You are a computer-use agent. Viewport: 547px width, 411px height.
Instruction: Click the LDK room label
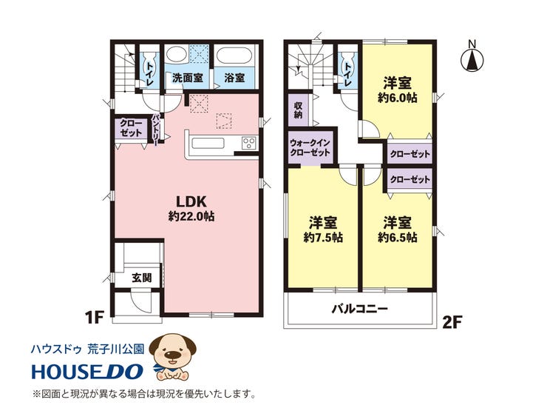pyautogui.click(x=191, y=201)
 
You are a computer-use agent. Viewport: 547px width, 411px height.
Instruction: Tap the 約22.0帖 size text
pyautogui.click(x=191, y=217)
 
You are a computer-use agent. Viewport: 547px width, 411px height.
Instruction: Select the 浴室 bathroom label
pyautogui.click(x=234, y=78)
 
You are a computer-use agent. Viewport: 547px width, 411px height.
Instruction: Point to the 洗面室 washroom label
pyautogui.click(x=187, y=78)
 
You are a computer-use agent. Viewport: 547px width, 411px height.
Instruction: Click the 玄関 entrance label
pyautogui.click(x=142, y=278)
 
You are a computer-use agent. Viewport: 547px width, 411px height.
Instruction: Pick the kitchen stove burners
pyautogui.click(x=249, y=143)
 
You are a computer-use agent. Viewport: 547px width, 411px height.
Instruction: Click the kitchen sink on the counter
pyautogui.click(x=208, y=143)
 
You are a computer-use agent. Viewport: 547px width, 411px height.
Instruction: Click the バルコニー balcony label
pyautogui.click(x=360, y=309)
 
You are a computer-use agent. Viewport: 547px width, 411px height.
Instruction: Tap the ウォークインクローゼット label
pyautogui.click(x=310, y=148)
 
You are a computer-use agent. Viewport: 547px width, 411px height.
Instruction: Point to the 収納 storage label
pyautogui.click(x=298, y=110)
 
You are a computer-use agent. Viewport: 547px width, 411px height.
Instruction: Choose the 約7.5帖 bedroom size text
pyautogui.click(x=323, y=238)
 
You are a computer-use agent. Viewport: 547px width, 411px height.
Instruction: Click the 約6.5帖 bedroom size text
pyautogui.click(x=398, y=238)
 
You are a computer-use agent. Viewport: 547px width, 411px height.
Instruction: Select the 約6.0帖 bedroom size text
pyautogui.click(x=398, y=98)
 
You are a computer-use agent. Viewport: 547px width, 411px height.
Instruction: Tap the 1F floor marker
pyautogui.click(x=95, y=318)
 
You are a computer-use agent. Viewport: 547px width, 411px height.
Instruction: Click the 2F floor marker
pyautogui.click(x=452, y=323)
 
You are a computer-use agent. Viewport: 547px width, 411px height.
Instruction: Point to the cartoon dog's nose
pyautogui.click(x=173, y=355)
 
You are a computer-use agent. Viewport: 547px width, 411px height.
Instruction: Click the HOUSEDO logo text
pyautogui.click(x=87, y=372)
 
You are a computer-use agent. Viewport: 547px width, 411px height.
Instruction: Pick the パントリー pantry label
pyautogui.click(x=155, y=128)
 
